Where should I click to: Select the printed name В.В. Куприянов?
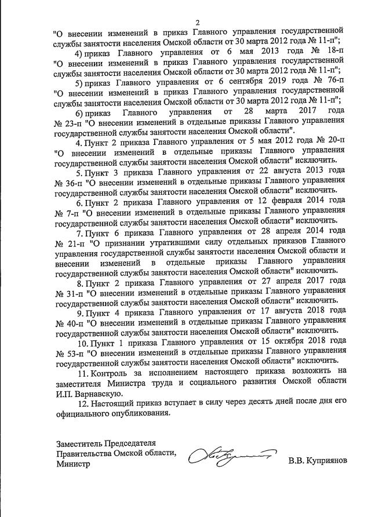tap(318, 463)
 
